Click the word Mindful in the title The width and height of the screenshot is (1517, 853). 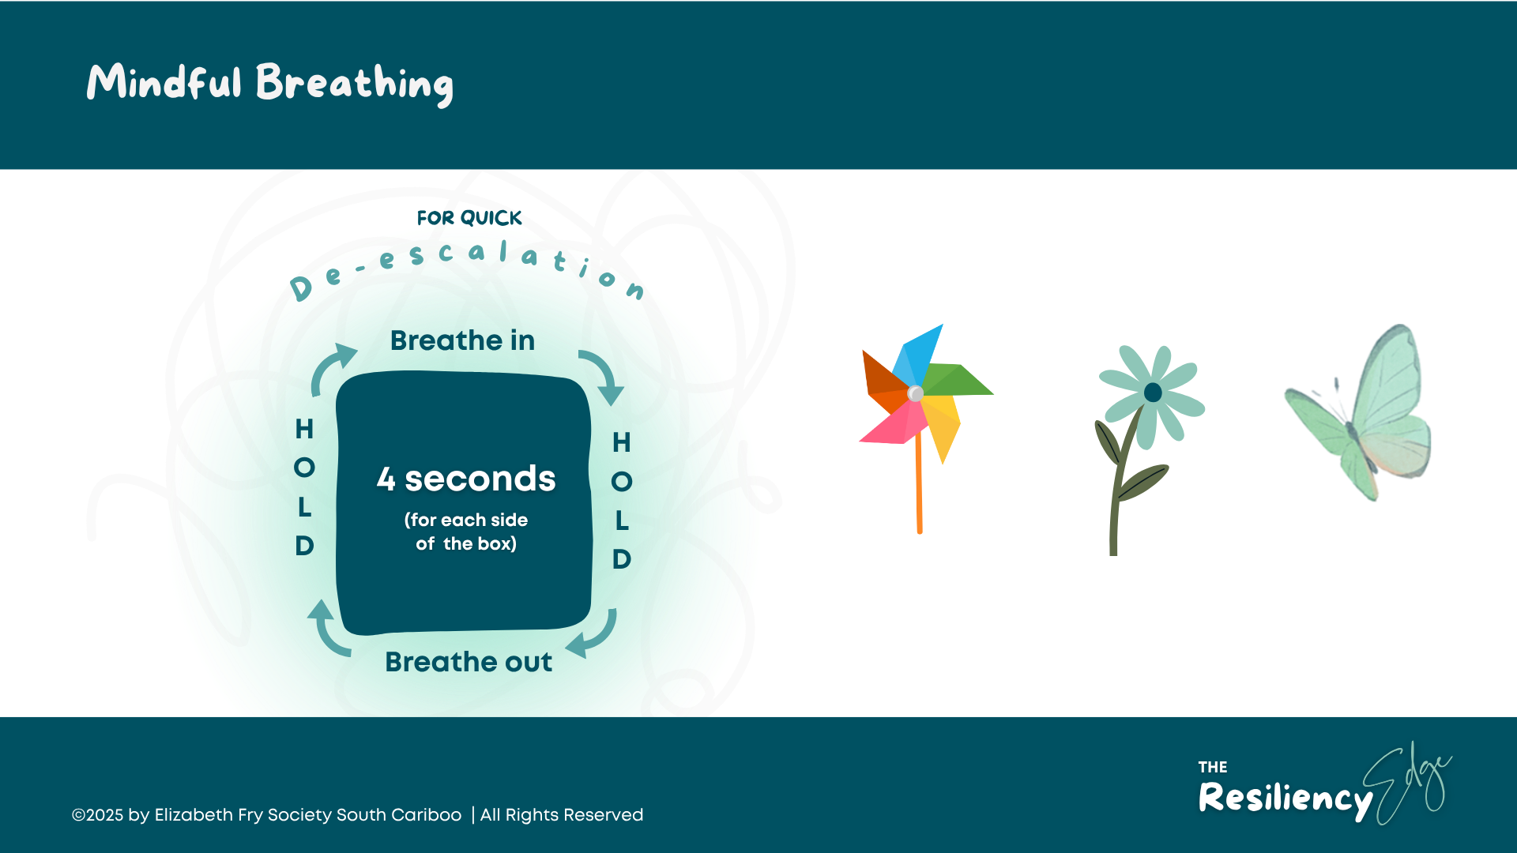pyautogui.click(x=164, y=82)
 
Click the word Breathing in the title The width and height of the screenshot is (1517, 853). pyautogui.click(x=354, y=84)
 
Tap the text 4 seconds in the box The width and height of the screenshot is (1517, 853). pyautogui.click(x=466, y=479)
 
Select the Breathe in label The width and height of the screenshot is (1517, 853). pyautogui.click(x=462, y=340)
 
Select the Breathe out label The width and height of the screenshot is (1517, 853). pyautogui.click(x=469, y=662)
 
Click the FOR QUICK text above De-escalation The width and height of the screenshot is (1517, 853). pyautogui.click(x=469, y=217)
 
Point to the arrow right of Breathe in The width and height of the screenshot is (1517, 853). pyautogui.click(x=603, y=375)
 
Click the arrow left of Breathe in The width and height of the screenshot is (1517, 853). pyautogui.click(x=332, y=366)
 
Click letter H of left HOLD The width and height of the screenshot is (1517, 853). pyautogui.click(x=304, y=429)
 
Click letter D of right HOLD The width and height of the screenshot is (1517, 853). pyautogui.click(x=622, y=559)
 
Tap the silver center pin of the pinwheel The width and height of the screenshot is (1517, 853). pyautogui.click(x=915, y=393)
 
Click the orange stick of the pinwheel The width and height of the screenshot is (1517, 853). pyautogui.click(x=919, y=490)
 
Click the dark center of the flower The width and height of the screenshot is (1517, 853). pyautogui.click(x=1153, y=393)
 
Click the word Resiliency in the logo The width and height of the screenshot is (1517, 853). pyautogui.click(x=1285, y=798)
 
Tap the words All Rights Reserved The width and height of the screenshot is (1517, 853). pyautogui.click(x=562, y=815)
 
